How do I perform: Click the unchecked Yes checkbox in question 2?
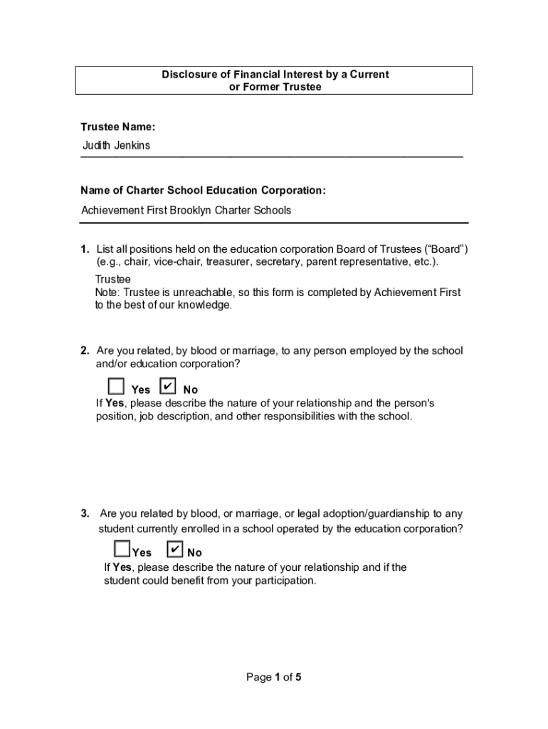116,387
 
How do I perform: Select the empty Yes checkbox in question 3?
122,549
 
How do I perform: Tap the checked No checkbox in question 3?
175,550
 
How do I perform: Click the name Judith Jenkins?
116,146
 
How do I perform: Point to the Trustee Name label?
117,127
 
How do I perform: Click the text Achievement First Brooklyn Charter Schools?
186,211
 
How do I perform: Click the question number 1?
84,249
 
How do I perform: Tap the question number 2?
84,351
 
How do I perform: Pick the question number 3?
84,513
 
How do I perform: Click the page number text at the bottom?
274,678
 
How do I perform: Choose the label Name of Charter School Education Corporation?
203,191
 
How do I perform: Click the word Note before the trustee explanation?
107,293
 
